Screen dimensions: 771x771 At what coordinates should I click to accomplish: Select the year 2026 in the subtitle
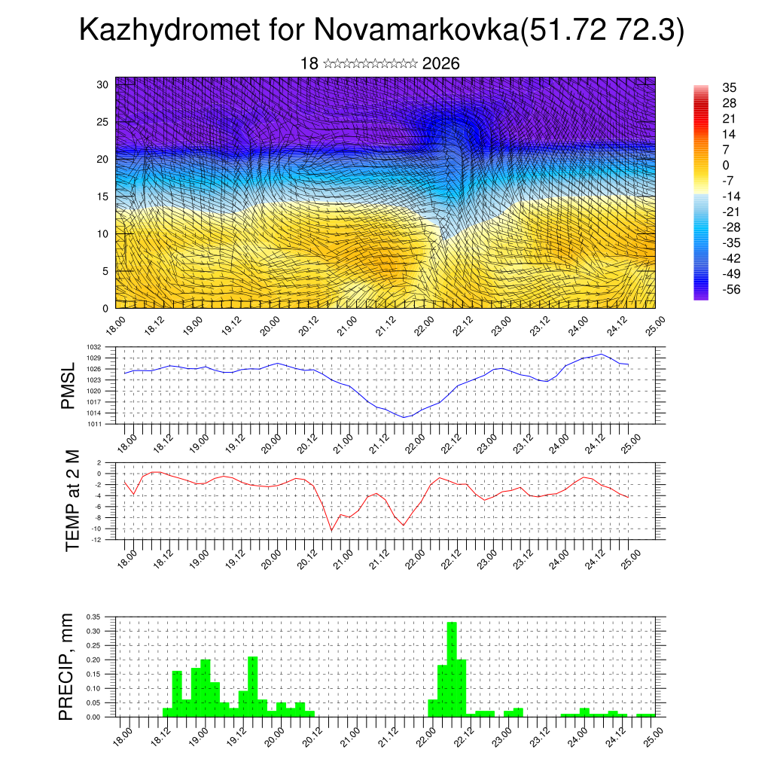tap(441, 64)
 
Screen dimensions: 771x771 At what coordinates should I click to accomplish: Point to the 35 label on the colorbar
tap(729, 87)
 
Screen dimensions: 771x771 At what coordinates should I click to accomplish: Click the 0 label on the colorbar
tap(725, 165)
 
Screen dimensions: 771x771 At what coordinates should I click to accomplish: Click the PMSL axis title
tap(69, 385)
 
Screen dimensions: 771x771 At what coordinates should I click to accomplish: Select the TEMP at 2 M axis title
tap(72, 501)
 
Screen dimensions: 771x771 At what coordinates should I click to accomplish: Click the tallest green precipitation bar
tap(452, 669)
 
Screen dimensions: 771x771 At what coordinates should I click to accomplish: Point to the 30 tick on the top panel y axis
tap(103, 84)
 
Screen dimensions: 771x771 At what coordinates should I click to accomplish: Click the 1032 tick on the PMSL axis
tap(105, 347)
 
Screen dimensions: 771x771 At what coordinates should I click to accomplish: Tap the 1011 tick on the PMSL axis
tap(105, 424)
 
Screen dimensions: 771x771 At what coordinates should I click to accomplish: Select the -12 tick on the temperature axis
tap(107, 539)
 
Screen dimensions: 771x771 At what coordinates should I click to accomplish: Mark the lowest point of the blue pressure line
tap(404, 417)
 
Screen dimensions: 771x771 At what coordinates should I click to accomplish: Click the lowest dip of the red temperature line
tap(331, 531)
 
